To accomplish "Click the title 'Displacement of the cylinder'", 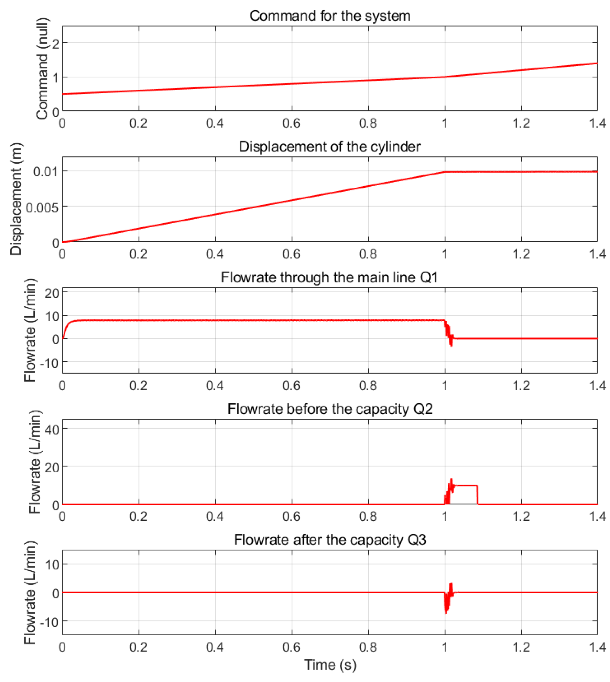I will pos(329,147).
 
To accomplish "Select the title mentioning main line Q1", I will pos(329,277).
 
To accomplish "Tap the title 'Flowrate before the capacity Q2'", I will pos(329,409).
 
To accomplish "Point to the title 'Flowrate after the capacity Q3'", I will pos(329,540).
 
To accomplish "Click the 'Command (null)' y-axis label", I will pos(43,69).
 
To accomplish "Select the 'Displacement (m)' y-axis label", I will pos(16,199).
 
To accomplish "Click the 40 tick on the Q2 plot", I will pos(52,429).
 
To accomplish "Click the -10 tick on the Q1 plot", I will pos(49,363).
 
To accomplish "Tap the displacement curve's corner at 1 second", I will pos(445,172).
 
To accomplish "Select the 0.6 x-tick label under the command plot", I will pos(291,123).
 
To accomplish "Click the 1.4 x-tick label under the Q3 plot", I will pos(597,647).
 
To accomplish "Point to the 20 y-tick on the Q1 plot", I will pos(52,294).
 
